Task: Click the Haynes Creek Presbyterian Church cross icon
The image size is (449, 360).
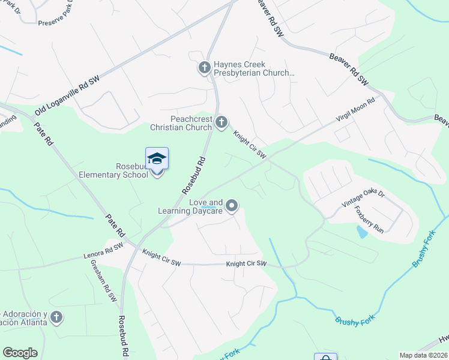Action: [x=204, y=68]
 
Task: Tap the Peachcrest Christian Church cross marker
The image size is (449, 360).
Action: [x=221, y=123]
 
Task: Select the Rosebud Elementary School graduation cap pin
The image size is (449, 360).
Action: [x=157, y=160]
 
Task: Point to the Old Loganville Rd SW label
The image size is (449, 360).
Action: [x=67, y=96]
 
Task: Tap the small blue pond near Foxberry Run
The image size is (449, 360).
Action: [x=362, y=232]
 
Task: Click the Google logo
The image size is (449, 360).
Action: [x=20, y=353]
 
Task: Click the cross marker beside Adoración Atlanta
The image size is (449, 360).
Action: [x=56, y=317]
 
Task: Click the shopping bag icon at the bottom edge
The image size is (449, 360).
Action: [x=325, y=356]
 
